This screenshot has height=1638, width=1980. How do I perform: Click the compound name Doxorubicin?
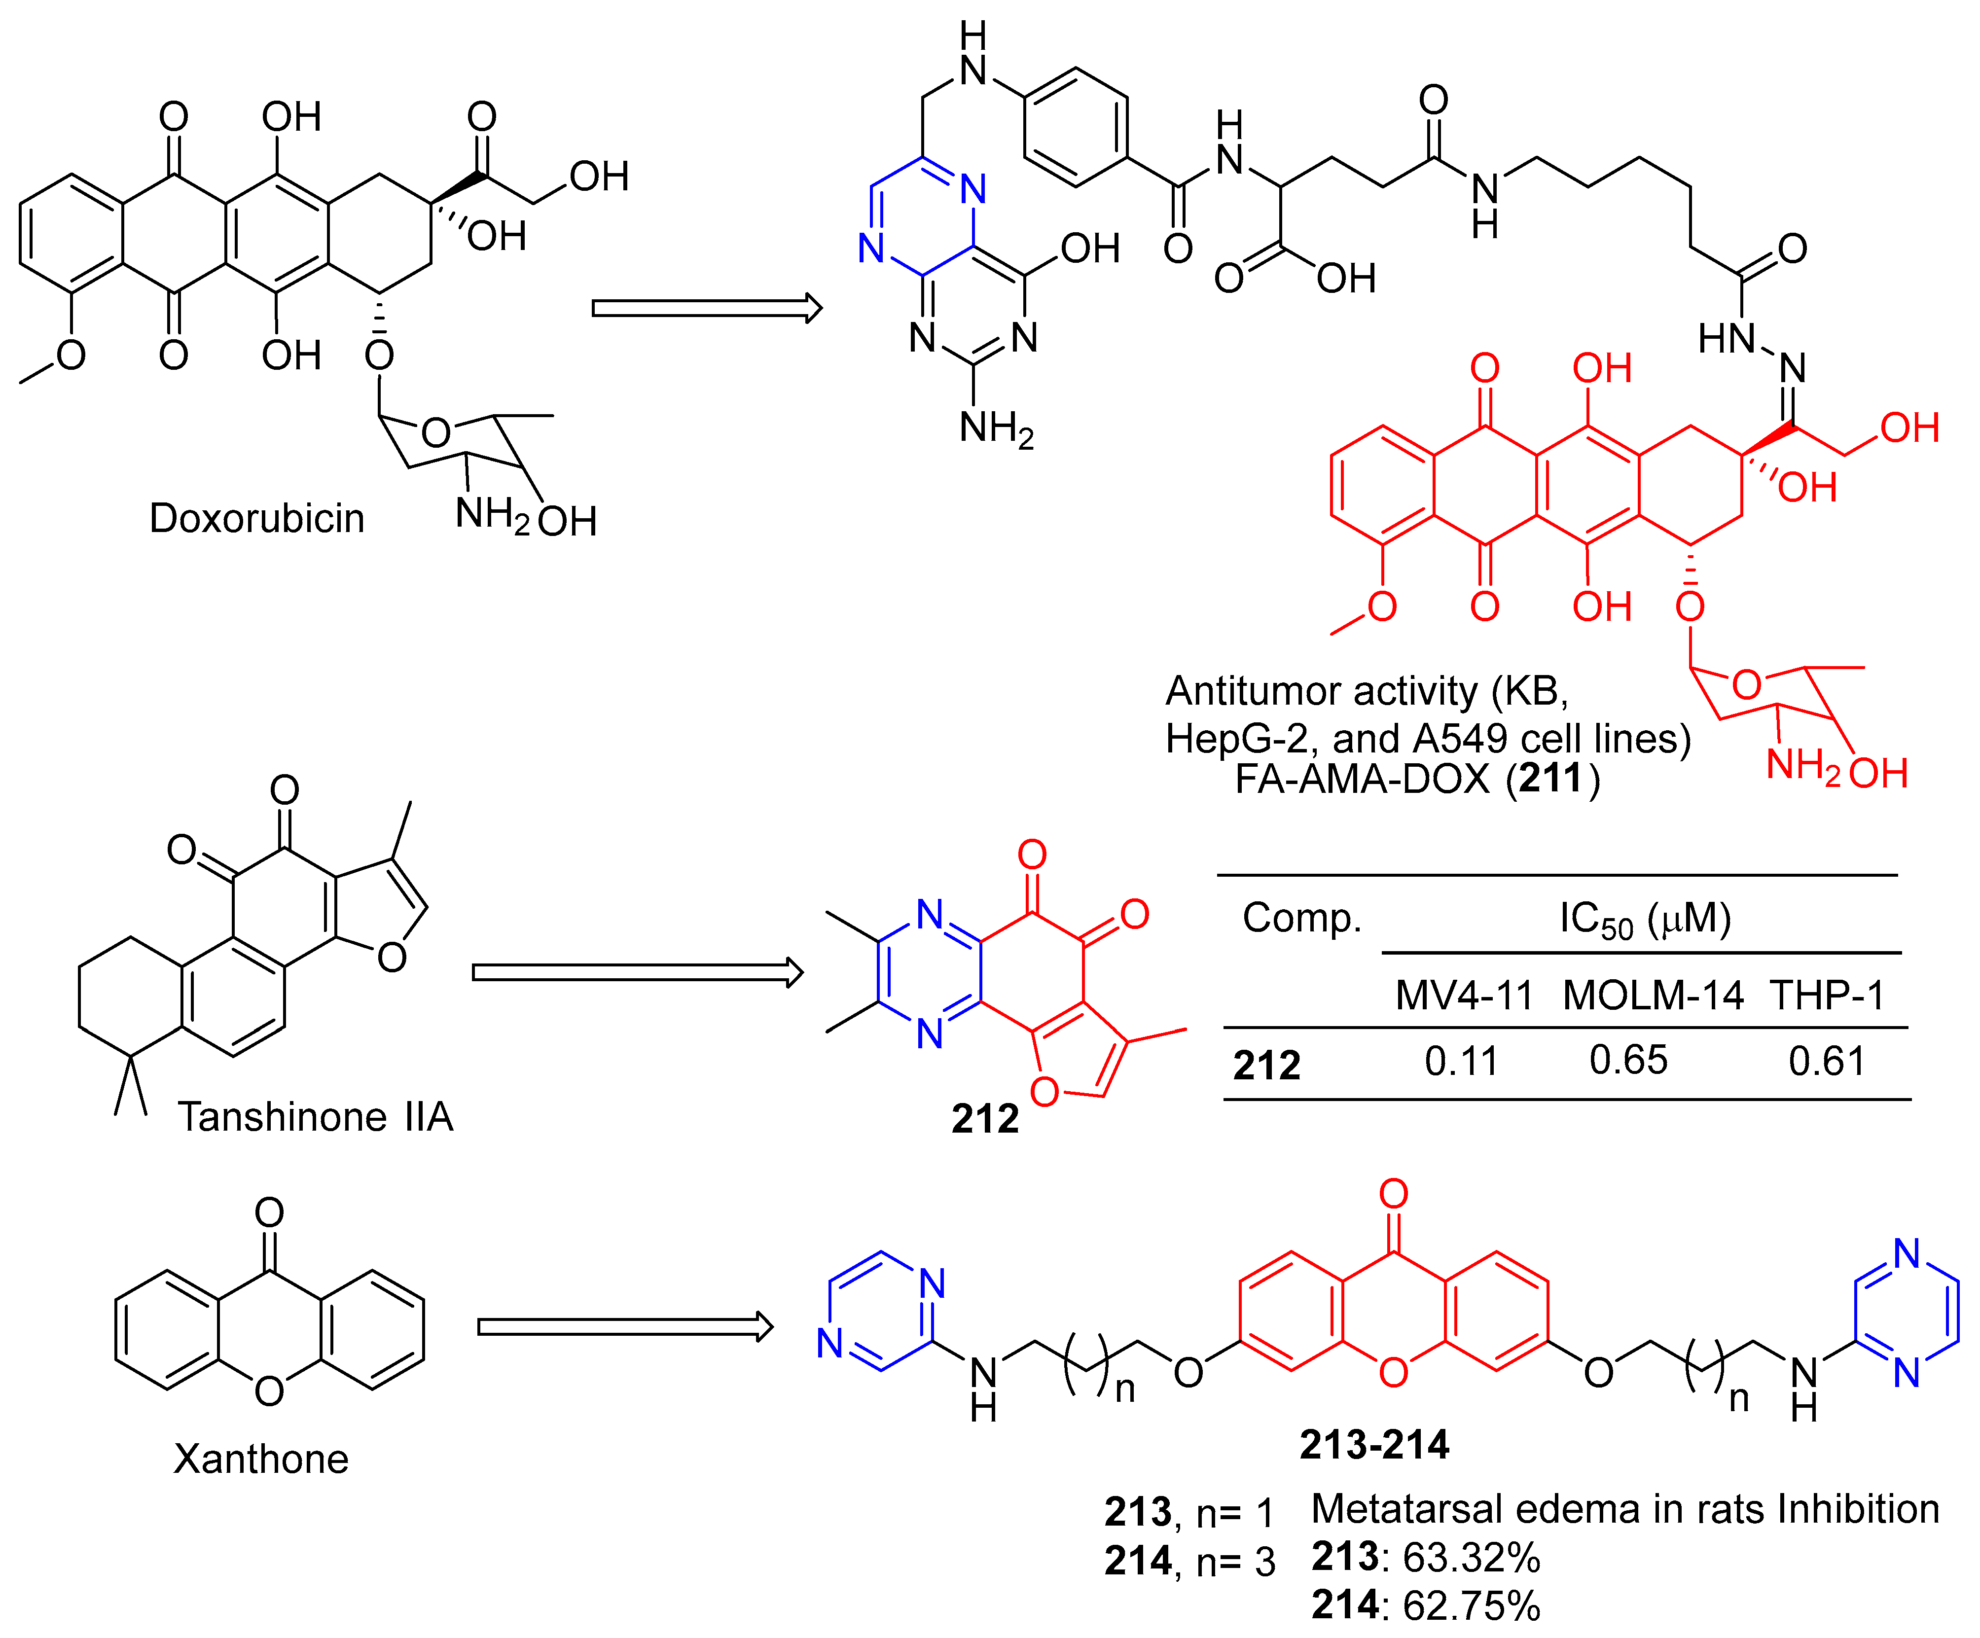256,518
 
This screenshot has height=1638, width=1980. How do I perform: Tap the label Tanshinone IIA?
316,1117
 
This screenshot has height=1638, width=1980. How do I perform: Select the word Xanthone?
261,1459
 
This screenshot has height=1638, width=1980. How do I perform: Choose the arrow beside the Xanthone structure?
625,1327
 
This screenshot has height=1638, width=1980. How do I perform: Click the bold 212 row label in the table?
1266,1065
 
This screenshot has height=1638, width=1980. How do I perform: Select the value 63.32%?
1471,1558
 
